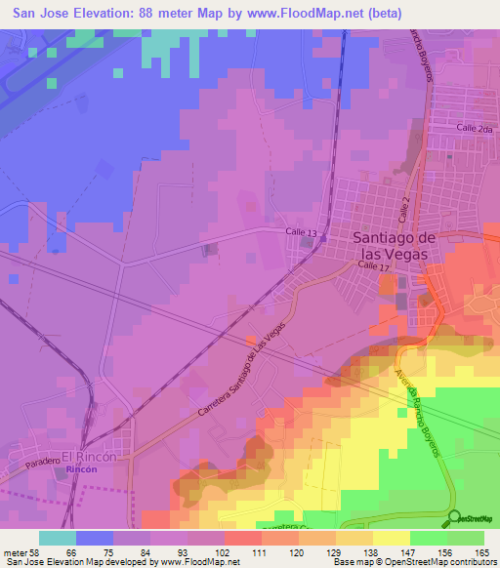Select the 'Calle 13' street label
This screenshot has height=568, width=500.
click(301, 231)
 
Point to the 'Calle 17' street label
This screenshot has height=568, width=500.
click(373, 265)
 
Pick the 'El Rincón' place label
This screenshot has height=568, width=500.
click(89, 456)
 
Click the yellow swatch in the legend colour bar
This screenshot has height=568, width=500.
click(390, 538)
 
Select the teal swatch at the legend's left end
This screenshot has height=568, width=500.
click(58, 538)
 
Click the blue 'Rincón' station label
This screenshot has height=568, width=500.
click(81, 470)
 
